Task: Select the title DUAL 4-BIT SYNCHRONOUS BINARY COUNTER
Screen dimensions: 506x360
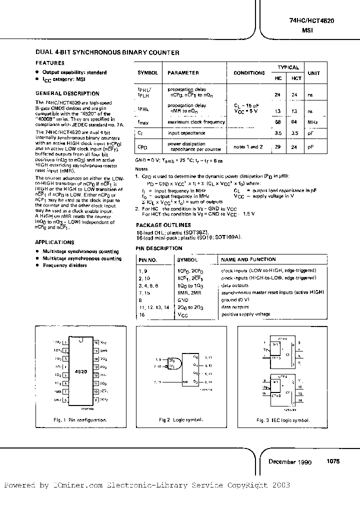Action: coord(107,52)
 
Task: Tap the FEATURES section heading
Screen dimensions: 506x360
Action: coord(49,63)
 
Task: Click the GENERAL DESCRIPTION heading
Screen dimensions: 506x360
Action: coord(67,93)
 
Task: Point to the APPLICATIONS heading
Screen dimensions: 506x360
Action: coord(54,242)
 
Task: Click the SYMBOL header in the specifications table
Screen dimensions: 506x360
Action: coord(147,73)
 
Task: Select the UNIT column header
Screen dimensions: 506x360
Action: coord(314,73)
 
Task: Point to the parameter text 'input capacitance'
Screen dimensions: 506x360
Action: coord(186,133)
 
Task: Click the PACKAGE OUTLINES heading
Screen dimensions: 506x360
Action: coord(163,225)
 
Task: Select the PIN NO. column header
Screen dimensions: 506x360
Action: coord(148,260)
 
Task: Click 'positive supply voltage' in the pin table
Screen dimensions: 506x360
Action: coord(245,314)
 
